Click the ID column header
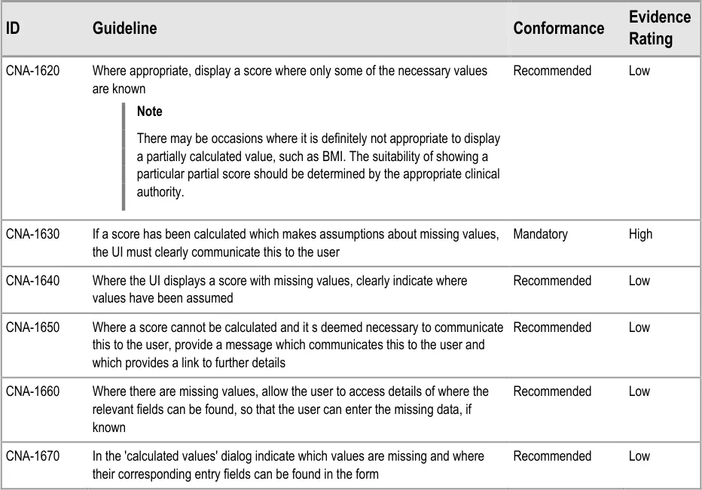[x=13, y=29]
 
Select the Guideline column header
[x=124, y=29]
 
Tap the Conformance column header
[x=558, y=29]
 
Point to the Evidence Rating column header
[x=659, y=28]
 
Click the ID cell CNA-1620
[x=32, y=72]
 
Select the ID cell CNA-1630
[x=32, y=234]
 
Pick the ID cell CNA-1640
[x=32, y=281]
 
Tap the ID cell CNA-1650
[x=32, y=327]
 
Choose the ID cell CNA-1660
[x=32, y=391]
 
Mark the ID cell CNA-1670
[x=32, y=456]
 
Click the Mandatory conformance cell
[x=540, y=234]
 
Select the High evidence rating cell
[x=640, y=234]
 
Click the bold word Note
[x=149, y=111]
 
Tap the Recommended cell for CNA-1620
[x=552, y=72]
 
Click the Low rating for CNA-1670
[x=639, y=456]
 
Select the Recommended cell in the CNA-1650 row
[x=552, y=327]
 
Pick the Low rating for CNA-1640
[x=639, y=281]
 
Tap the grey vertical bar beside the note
[x=124, y=156]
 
